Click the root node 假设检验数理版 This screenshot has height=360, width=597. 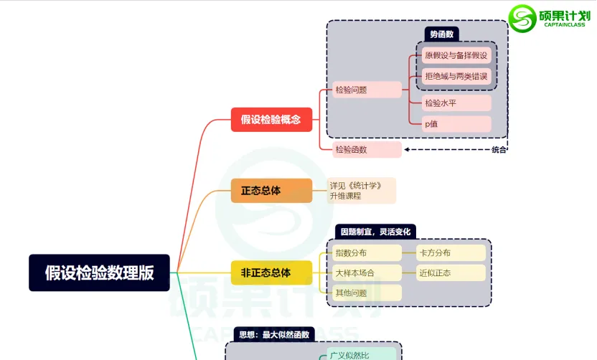(x=99, y=273)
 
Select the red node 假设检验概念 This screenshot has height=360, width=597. (x=271, y=120)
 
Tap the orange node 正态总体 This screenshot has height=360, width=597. (x=271, y=191)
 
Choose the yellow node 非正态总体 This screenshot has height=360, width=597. (x=271, y=273)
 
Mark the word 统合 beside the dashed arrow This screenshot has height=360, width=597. (x=499, y=150)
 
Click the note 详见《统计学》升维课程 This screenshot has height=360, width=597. (x=361, y=190)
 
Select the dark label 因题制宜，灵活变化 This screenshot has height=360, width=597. (x=375, y=232)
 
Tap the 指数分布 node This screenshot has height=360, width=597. (x=367, y=252)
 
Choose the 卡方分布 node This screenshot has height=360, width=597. (x=451, y=252)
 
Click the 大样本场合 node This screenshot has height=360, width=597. (x=367, y=273)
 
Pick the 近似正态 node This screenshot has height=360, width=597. (x=451, y=273)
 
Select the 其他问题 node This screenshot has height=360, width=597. (x=367, y=293)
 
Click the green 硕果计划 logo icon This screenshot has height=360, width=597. (x=522, y=18)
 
